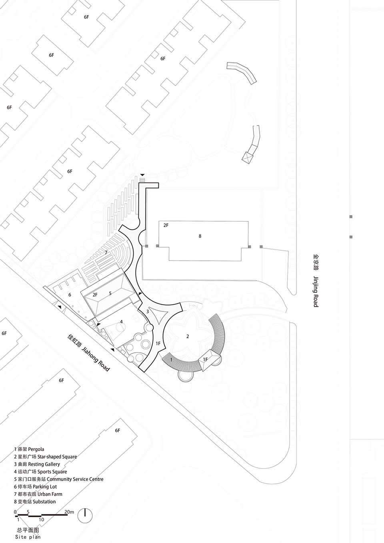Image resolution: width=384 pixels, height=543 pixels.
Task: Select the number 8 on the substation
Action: (x=200, y=236)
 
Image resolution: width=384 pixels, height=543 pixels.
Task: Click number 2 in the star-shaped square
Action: (x=187, y=336)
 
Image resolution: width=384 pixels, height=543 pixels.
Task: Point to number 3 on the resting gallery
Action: (x=147, y=311)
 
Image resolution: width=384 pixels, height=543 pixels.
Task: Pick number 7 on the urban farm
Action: (x=106, y=252)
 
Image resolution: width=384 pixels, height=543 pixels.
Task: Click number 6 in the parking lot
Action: (x=70, y=295)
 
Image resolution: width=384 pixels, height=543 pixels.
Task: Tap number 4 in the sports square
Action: (x=121, y=321)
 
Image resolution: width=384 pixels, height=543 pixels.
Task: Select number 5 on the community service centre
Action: (x=110, y=293)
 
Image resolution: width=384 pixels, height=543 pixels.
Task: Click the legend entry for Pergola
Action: (x=29, y=449)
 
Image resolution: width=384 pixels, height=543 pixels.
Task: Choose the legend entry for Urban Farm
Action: (x=38, y=494)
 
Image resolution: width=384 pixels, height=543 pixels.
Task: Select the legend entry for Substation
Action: (x=35, y=501)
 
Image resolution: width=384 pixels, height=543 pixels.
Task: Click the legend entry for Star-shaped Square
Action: (x=45, y=457)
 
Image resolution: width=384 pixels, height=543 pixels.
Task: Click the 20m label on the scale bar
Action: (x=69, y=510)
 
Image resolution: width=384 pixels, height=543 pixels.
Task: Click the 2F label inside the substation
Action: (x=166, y=225)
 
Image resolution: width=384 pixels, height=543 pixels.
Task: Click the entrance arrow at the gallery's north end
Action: (x=142, y=175)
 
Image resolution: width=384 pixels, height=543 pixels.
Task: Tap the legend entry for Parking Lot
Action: (x=35, y=486)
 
